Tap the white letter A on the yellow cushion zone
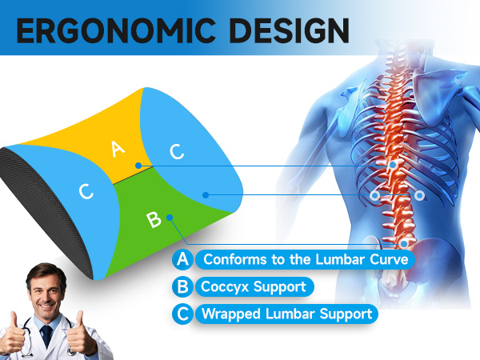click(x=118, y=148)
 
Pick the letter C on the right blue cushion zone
click(x=177, y=150)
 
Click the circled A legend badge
click(x=183, y=260)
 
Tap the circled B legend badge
click(x=183, y=286)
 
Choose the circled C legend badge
click(x=183, y=313)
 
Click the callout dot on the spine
click(x=394, y=165)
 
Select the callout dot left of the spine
click(x=374, y=194)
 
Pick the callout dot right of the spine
click(x=419, y=194)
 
